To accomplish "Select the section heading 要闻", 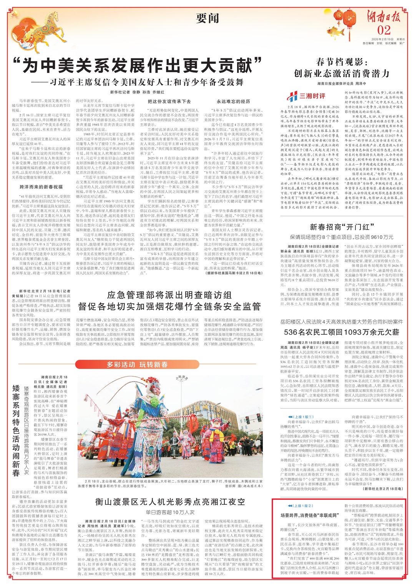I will [x=207, y=18].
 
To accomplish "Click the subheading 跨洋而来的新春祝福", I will [x=41, y=187].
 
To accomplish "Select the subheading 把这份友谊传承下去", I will [x=169, y=101].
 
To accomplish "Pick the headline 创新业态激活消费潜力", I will [x=342, y=73].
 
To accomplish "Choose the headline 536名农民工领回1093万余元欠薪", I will [x=341, y=332].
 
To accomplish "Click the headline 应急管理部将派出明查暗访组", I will [x=169, y=295].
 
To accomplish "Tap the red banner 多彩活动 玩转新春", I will [x=137, y=364].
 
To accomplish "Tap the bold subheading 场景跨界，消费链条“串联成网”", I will [x=309, y=515].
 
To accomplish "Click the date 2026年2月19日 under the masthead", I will [x=380, y=39].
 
